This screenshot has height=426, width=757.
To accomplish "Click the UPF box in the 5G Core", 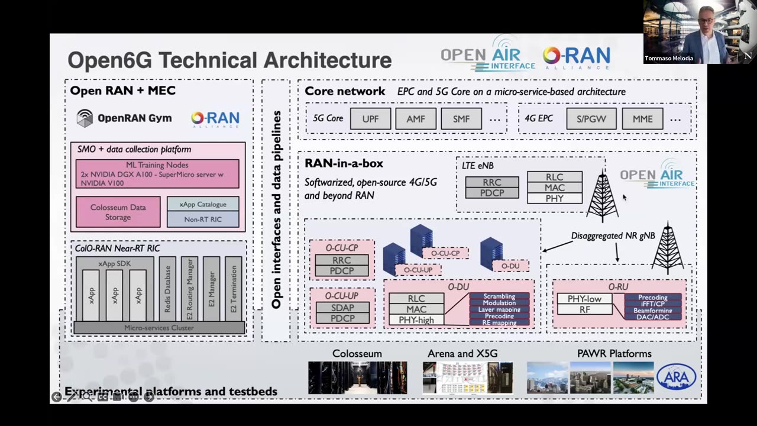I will (x=370, y=119).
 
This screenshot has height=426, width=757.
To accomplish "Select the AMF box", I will (x=416, y=119).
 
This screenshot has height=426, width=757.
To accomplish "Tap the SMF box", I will (x=461, y=119).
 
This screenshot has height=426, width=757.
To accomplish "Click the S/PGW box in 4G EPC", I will (x=591, y=119).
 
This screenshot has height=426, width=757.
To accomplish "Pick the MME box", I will (x=642, y=119).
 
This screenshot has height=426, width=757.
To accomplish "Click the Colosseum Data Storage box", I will (x=118, y=212).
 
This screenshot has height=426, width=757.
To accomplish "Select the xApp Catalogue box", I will (x=203, y=205).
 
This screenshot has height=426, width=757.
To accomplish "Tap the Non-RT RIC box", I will (x=203, y=220).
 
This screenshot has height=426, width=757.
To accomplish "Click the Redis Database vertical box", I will (x=167, y=289).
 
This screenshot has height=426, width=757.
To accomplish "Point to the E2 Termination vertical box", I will (x=234, y=289).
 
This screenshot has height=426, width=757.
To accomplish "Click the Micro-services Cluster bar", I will (x=158, y=328).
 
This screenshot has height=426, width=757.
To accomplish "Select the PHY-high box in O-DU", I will (x=416, y=320).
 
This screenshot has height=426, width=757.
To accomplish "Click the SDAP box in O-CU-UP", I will (x=342, y=308).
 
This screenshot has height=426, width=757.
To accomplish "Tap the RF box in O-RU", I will (x=585, y=309).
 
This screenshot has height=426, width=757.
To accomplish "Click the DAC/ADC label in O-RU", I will (x=653, y=317).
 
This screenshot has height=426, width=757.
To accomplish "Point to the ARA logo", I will (x=677, y=377).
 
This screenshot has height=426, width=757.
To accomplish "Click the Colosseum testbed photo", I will (x=357, y=377).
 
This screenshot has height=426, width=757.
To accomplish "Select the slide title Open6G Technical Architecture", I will (x=229, y=60).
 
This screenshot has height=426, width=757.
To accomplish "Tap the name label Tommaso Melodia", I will (x=669, y=59).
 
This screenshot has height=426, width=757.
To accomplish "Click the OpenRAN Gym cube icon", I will (x=85, y=118).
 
